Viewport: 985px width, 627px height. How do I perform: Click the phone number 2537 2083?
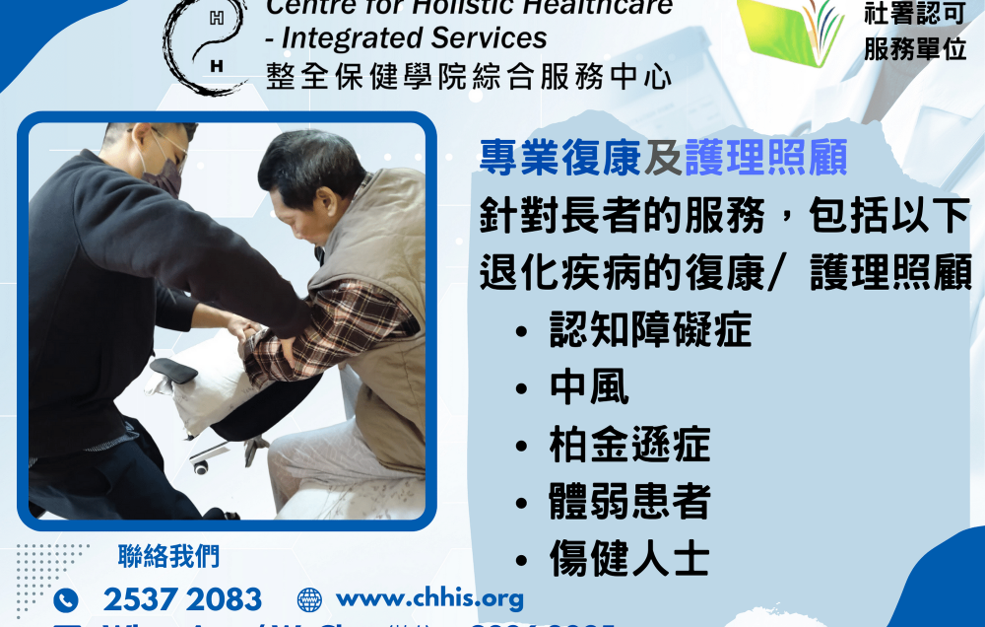tap(182, 598)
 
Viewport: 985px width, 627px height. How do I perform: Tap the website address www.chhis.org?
tap(429, 597)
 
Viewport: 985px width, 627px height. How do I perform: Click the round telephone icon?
tap(66, 599)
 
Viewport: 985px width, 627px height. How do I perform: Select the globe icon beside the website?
tap(309, 598)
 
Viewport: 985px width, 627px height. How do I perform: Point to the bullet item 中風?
tap(589, 387)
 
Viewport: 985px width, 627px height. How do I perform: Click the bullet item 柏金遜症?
tap(629, 445)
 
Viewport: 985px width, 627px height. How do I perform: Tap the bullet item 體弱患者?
tap(629, 502)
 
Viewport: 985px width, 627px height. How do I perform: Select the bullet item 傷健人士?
tap(629, 559)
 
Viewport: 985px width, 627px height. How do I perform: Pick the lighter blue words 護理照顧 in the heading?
tap(765, 159)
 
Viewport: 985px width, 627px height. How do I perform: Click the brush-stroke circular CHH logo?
tap(207, 44)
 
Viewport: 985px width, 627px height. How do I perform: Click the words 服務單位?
tap(915, 49)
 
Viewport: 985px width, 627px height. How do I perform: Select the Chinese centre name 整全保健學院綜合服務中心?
tap(469, 75)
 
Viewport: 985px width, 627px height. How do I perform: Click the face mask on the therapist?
tap(163, 175)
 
